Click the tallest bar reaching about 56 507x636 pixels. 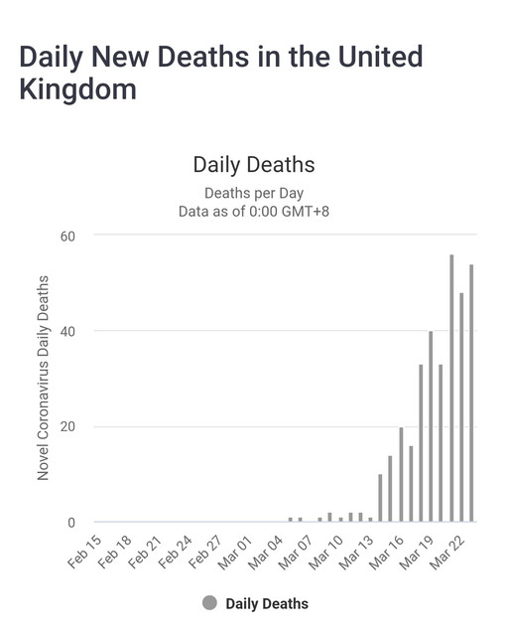[x=451, y=388]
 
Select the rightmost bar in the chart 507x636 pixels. [x=471, y=393]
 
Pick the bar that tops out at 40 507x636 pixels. [x=431, y=426]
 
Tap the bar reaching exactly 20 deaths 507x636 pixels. [x=401, y=474]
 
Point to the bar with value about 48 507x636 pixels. [x=461, y=406]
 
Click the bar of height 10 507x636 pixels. [x=380, y=498]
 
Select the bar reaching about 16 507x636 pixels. [x=411, y=484]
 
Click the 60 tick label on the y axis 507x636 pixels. [x=67, y=237]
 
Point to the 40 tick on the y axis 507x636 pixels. [x=67, y=331]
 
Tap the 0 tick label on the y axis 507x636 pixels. [x=71, y=523]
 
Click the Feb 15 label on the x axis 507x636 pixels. [x=85, y=552]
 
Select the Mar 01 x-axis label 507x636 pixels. [x=236, y=552]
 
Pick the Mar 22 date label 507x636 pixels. [x=447, y=552]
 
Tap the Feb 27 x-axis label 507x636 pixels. [x=205, y=552]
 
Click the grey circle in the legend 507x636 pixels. [x=209, y=603]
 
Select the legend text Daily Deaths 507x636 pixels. [x=267, y=603]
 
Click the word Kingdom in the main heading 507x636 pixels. [x=77, y=89]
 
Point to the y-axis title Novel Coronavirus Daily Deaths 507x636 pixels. [x=43, y=378]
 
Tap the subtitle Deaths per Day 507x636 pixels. [x=254, y=193]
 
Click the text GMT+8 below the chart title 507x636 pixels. [x=305, y=211]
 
